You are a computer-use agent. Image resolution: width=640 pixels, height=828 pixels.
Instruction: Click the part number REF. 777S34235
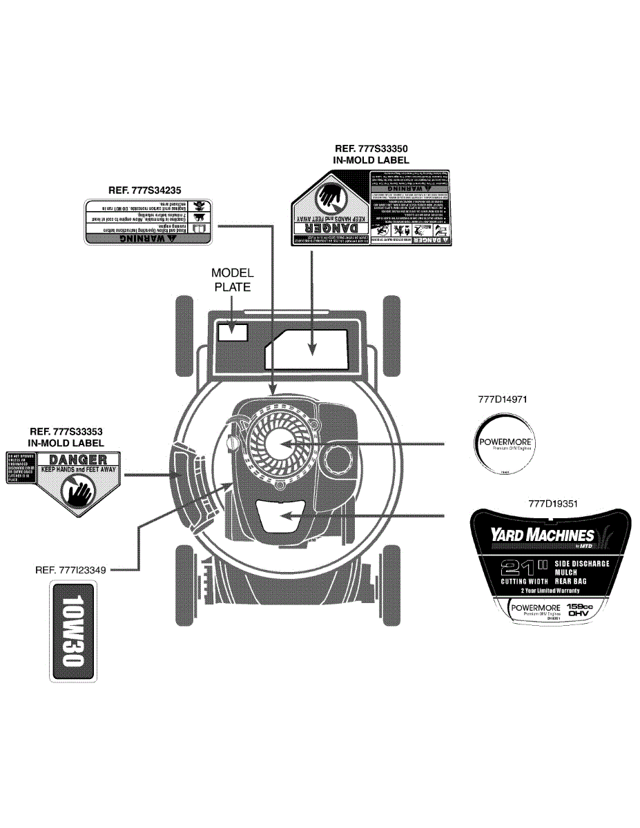[148, 190]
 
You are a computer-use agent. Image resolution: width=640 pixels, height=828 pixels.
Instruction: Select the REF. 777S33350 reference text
[371, 148]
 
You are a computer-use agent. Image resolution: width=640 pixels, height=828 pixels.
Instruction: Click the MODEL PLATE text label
[232, 280]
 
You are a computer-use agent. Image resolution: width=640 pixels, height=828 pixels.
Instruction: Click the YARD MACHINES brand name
[542, 535]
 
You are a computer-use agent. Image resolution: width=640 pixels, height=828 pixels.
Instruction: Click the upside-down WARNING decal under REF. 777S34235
[147, 221]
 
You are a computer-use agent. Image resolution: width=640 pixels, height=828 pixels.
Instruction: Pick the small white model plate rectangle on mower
[233, 331]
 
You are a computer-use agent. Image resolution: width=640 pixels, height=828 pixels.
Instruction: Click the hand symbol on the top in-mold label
[329, 197]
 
